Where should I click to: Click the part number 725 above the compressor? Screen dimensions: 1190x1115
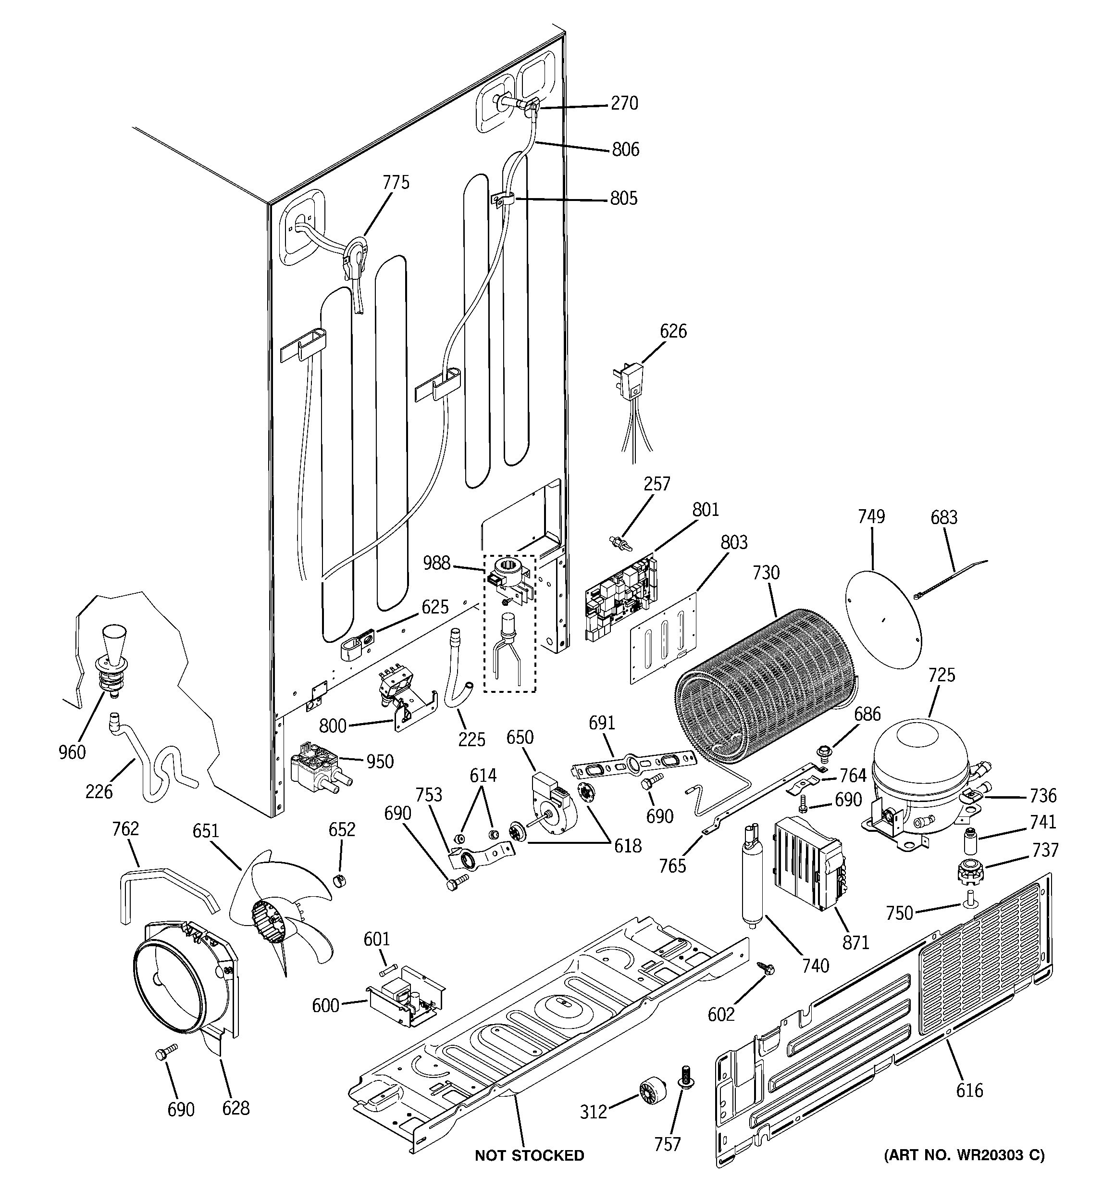[x=942, y=675]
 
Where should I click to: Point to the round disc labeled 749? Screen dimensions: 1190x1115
[x=883, y=618]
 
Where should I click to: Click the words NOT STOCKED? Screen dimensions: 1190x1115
[x=529, y=1155]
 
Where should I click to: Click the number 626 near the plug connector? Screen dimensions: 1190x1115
[x=673, y=331]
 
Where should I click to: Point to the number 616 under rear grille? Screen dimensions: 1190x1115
[x=969, y=1090]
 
